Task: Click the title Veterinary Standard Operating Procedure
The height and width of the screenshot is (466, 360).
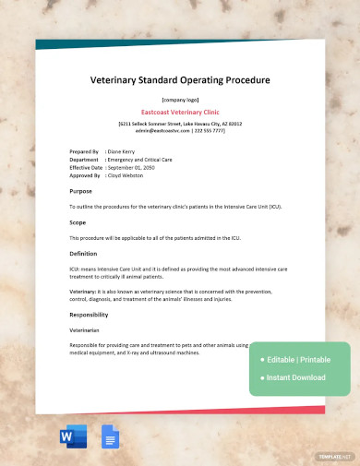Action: pos(180,80)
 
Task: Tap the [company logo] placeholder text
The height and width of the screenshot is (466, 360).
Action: pos(180,99)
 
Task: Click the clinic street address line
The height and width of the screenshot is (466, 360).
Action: pos(180,123)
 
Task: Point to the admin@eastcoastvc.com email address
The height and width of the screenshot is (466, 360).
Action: pos(157,130)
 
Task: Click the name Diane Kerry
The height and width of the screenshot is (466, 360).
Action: pos(121,150)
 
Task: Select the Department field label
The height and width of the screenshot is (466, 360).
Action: pos(84,158)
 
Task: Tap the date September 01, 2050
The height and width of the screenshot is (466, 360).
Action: pos(134,165)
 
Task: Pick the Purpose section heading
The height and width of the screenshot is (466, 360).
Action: pos(81,191)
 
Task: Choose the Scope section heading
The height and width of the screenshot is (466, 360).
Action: pos(78,222)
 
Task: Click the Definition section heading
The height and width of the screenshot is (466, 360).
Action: pos(83,253)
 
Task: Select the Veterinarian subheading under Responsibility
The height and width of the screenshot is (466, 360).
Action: pos(85,329)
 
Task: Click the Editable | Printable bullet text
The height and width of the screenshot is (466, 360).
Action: pos(299,359)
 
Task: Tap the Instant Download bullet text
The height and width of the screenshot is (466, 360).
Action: pos(297,377)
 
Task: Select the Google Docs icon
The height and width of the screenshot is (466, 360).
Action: pos(107,436)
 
